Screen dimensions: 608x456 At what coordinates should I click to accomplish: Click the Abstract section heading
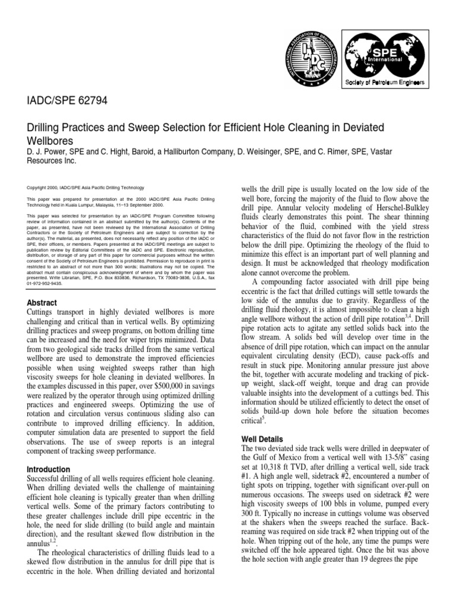[x=43, y=303]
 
